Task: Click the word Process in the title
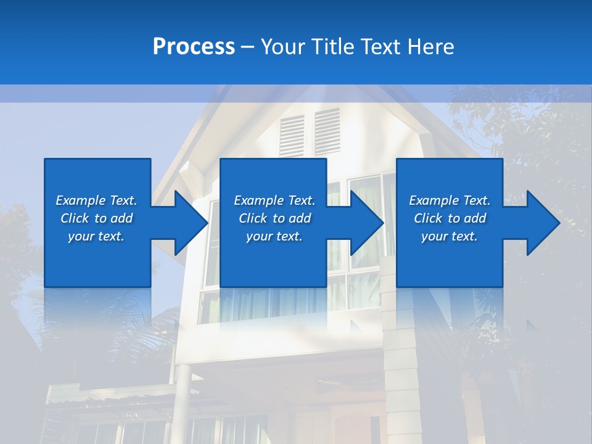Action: tap(194, 47)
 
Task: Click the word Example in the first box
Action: tap(81, 200)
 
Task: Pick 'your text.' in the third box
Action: tap(449, 236)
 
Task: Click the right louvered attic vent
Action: tap(327, 131)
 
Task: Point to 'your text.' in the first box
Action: tap(96, 236)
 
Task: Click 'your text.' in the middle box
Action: tap(274, 236)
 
